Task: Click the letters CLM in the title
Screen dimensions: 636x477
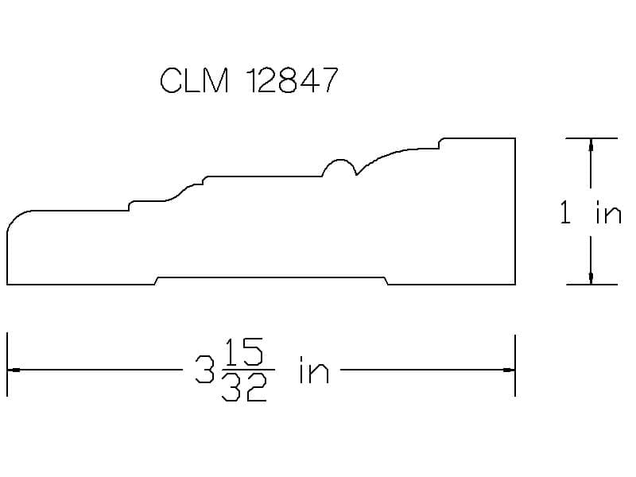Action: coord(194,80)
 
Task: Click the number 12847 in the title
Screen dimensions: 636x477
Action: coord(292,80)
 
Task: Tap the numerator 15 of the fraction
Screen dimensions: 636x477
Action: coord(244,351)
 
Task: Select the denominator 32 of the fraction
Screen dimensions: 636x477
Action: coord(244,387)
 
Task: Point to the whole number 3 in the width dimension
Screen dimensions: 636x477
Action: coord(205,369)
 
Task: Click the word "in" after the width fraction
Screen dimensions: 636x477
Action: coord(313,370)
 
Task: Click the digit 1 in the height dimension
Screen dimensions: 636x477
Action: coord(565,212)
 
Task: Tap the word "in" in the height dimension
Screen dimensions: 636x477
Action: coord(608,212)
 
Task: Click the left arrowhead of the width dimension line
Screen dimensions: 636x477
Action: coord(14,370)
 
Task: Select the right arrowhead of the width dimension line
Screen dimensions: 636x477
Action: coord(509,370)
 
